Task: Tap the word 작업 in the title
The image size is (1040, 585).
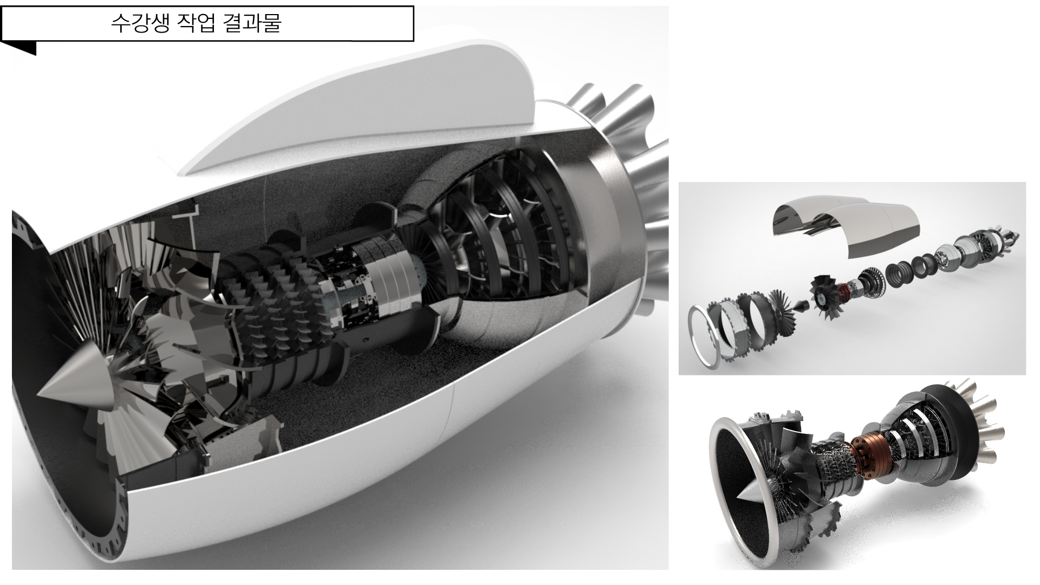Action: click(196, 24)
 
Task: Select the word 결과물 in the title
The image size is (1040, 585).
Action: click(252, 24)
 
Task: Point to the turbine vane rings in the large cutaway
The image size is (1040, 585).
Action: click(504, 227)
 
